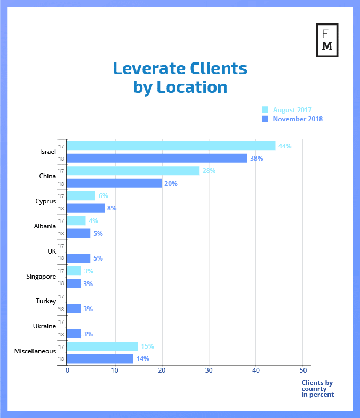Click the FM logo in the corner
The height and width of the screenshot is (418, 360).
coord(327,39)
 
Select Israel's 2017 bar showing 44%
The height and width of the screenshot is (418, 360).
coord(171,146)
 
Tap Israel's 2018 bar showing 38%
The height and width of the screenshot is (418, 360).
coord(157,158)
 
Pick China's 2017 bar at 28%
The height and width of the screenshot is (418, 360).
coord(133,171)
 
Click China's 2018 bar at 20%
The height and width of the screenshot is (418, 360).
coord(114,183)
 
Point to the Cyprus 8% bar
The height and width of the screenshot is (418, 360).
coord(85,208)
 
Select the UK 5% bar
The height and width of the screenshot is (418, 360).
coord(78,258)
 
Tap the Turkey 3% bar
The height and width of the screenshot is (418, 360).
coord(74,309)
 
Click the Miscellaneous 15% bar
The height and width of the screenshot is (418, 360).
coord(102,346)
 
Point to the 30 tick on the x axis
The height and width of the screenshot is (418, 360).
coord(209,370)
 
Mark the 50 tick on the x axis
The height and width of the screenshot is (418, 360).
coord(303,370)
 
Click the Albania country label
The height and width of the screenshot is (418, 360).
coord(44,226)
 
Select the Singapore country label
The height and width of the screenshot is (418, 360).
coord(41,277)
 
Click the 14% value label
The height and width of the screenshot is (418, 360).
coord(142,359)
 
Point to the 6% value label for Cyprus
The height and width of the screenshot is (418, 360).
coord(103,196)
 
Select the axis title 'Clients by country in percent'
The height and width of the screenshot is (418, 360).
coord(317,389)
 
